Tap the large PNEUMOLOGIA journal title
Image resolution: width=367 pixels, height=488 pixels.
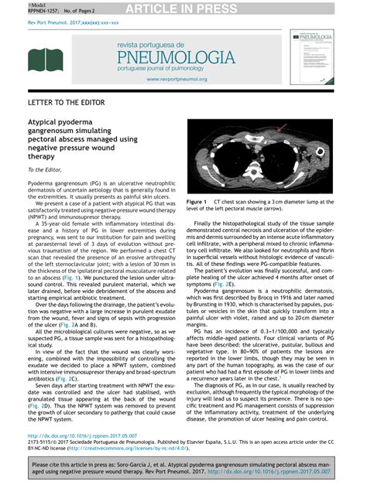pyautogui.click(x=175, y=59)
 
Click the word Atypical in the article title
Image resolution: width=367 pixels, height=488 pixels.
pyautogui.click(x=46, y=122)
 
